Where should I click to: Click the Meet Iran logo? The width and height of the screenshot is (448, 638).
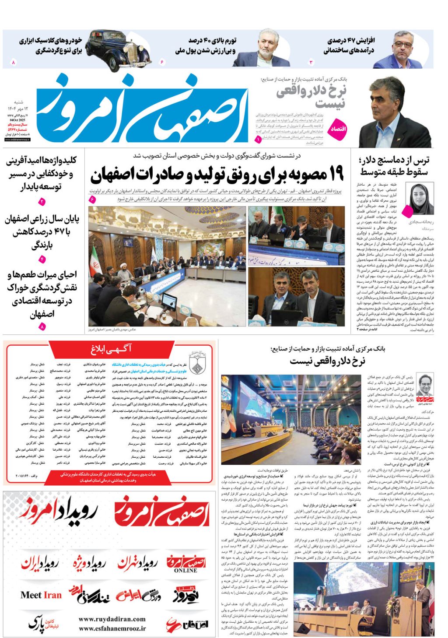(41, 595)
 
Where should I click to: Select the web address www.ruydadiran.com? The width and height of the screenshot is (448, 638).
(112, 619)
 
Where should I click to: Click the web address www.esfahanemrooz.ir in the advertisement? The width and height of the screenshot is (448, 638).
(112, 628)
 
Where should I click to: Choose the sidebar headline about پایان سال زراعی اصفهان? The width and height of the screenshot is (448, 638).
(42, 231)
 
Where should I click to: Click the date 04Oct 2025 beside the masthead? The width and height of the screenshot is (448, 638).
(17, 120)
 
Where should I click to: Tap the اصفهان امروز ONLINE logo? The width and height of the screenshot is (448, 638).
(186, 564)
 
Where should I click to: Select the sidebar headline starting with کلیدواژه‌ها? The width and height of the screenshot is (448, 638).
(42, 173)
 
